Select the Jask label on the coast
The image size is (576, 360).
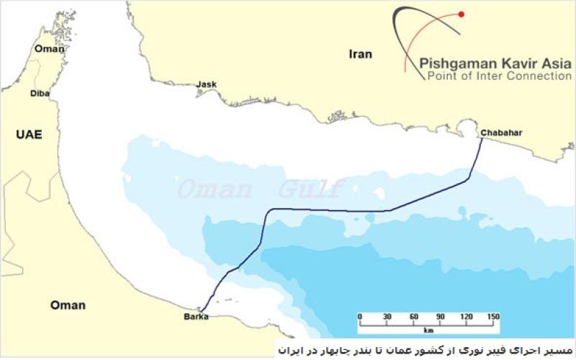click(x=206, y=85)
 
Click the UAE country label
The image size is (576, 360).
click(x=27, y=134)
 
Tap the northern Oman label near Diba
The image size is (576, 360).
click(x=49, y=49)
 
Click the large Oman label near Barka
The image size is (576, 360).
click(x=67, y=305)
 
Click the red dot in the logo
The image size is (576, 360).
click(x=462, y=14)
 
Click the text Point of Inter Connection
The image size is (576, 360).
click(x=499, y=76)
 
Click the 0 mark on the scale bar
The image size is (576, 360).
click(x=360, y=318)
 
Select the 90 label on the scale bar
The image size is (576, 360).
click(x=440, y=318)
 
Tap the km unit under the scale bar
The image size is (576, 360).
click(x=428, y=331)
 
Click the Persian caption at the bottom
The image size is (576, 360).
click(x=425, y=349)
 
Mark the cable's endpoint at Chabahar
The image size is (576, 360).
click(x=482, y=139)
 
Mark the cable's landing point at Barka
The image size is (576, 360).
click(x=202, y=312)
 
